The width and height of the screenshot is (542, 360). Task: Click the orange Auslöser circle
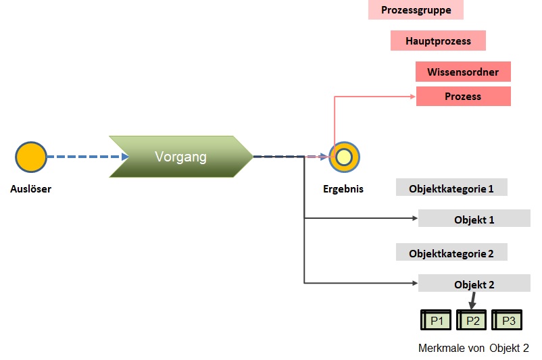(31, 157)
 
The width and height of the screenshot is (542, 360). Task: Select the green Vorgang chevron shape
(180, 157)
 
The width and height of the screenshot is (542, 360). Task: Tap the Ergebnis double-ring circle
(344, 157)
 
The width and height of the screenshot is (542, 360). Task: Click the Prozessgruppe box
(416, 10)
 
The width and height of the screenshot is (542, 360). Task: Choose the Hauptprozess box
(438, 41)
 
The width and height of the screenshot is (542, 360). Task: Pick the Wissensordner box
(463, 72)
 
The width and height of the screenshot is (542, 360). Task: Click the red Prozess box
(463, 97)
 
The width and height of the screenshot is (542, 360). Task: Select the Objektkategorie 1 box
(451, 188)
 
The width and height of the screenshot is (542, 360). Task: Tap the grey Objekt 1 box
(474, 219)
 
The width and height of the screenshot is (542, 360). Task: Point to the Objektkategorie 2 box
(451, 253)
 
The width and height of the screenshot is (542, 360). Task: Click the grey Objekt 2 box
(474, 284)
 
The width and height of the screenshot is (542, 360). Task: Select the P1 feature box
(437, 320)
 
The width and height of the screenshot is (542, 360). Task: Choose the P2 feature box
(472, 320)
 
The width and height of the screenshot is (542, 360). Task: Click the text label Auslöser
(30, 189)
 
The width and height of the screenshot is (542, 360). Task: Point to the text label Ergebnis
(343, 189)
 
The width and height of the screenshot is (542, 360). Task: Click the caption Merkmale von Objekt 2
(473, 349)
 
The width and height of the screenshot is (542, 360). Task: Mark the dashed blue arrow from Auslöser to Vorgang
(84, 157)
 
